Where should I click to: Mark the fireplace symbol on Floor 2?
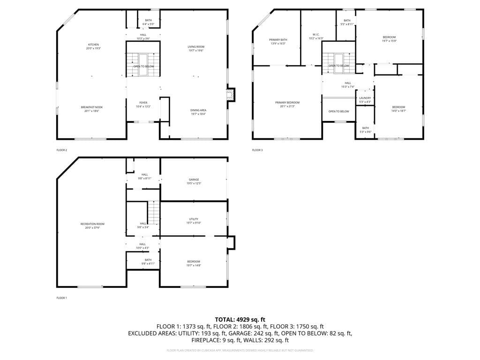230,95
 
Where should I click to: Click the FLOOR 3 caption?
257,150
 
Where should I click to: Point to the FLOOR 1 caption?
62,298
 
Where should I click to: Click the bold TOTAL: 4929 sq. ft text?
240,319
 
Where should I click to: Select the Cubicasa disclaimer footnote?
240,350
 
